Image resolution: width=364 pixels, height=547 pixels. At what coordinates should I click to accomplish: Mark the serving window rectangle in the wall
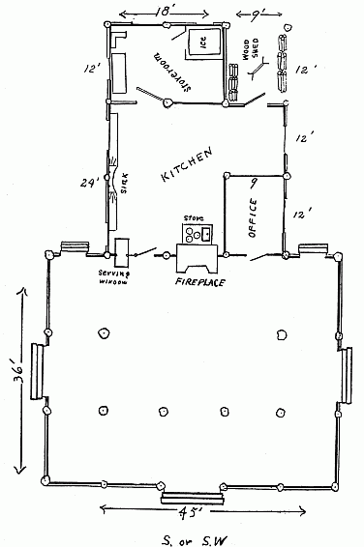coord(122,252)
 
